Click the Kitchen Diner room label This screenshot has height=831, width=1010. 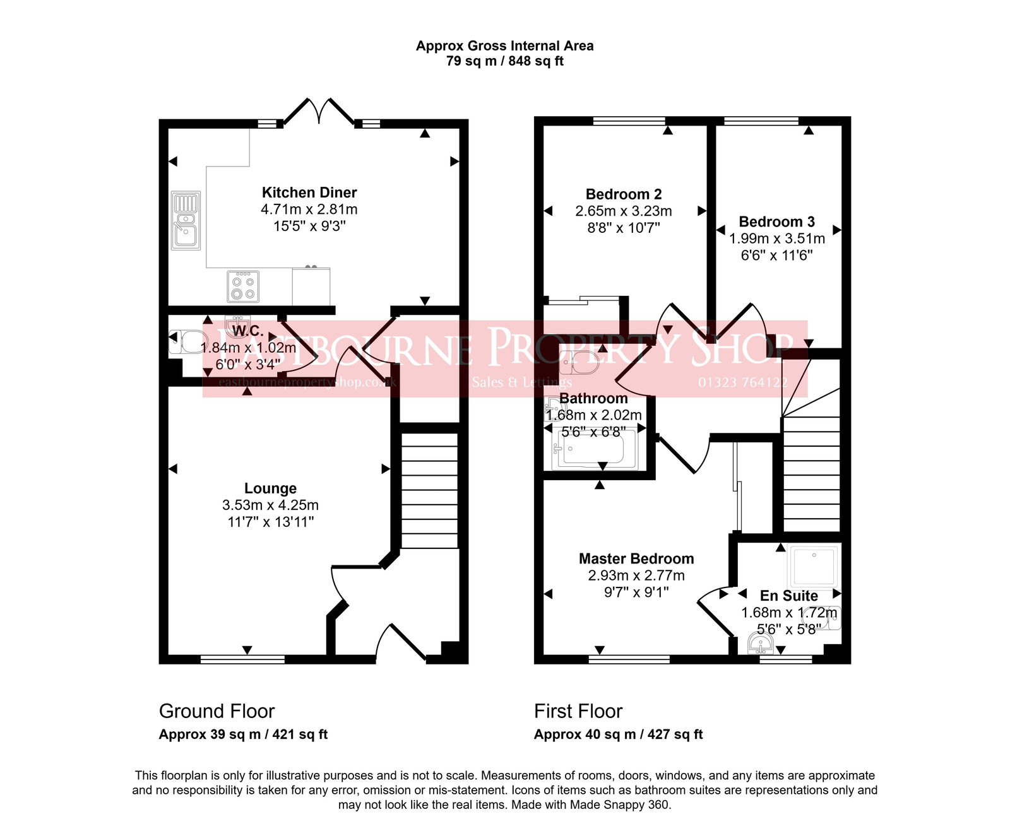(x=309, y=192)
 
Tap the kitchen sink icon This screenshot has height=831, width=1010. (x=186, y=220)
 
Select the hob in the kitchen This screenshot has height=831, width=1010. (x=243, y=286)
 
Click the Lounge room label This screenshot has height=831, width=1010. (x=270, y=488)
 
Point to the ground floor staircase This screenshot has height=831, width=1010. (x=429, y=490)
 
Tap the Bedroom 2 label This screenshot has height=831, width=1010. (x=624, y=194)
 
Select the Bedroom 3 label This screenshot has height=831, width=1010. (x=776, y=222)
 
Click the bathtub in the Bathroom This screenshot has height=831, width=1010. (x=593, y=449)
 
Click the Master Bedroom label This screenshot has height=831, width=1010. (x=636, y=558)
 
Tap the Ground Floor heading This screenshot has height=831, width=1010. (x=217, y=711)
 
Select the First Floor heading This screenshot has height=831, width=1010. (x=578, y=711)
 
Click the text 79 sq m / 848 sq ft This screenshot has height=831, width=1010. (x=504, y=61)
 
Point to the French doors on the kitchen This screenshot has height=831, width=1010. (x=318, y=112)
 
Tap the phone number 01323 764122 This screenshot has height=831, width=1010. (x=742, y=382)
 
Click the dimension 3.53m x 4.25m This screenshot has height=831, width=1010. (x=270, y=505)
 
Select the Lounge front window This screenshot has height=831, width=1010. (x=242, y=659)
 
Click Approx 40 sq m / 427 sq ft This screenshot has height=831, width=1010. (x=618, y=734)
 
